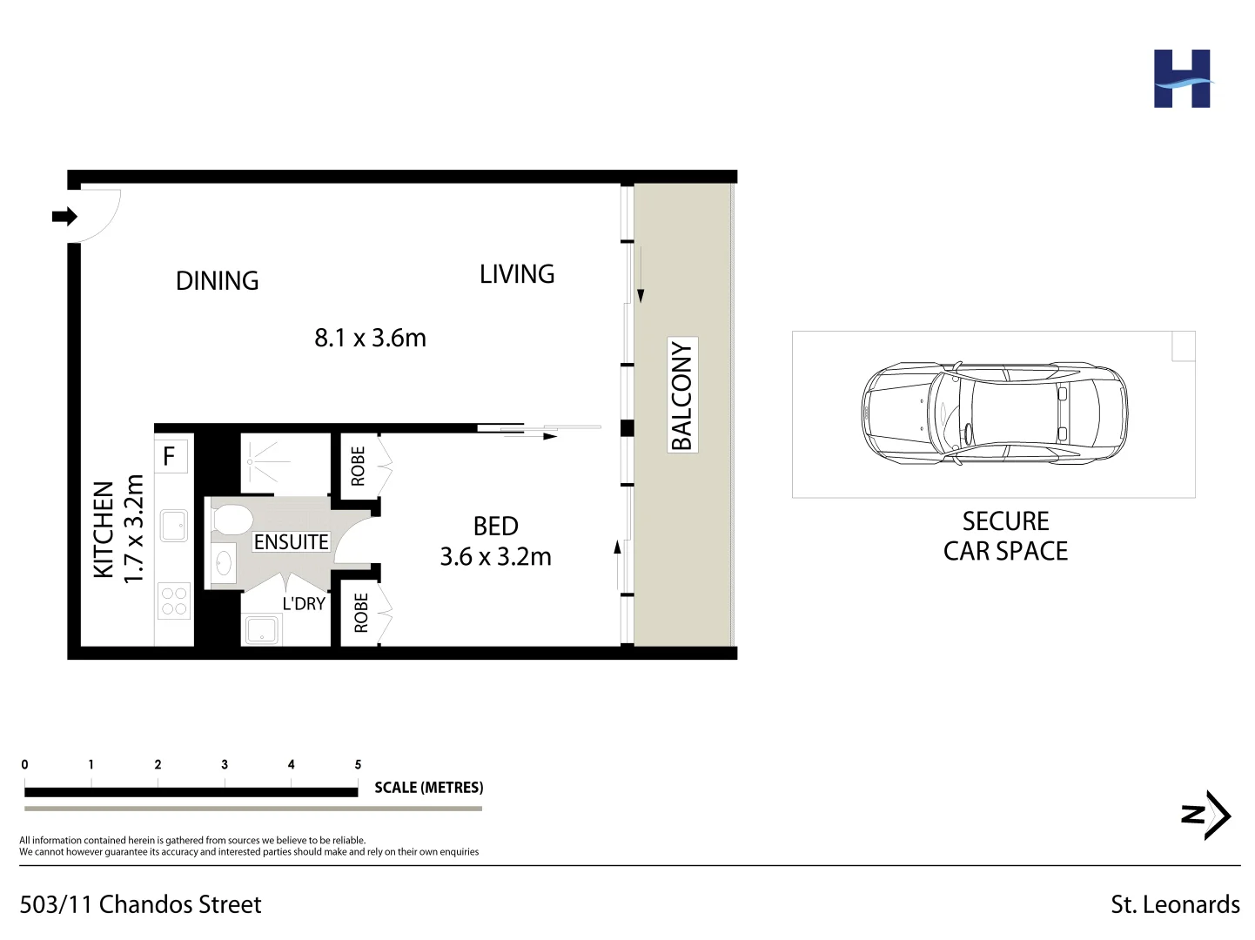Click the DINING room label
[217, 281]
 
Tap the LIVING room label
[517, 274]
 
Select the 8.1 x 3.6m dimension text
[370, 338]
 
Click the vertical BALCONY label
[681, 395]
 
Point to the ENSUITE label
[291, 542]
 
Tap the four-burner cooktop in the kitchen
[174, 601]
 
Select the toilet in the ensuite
[231, 520]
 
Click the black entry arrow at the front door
[64, 216]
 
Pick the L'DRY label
[304, 603]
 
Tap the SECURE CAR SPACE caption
[1005, 536]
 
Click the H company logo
[1181, 79]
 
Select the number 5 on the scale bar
[358, 764]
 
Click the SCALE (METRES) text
[428, 788]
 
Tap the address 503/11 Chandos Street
[140, 904]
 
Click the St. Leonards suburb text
[1175, 904]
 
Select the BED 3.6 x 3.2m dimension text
[495, 556]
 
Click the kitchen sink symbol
[174, 526]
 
